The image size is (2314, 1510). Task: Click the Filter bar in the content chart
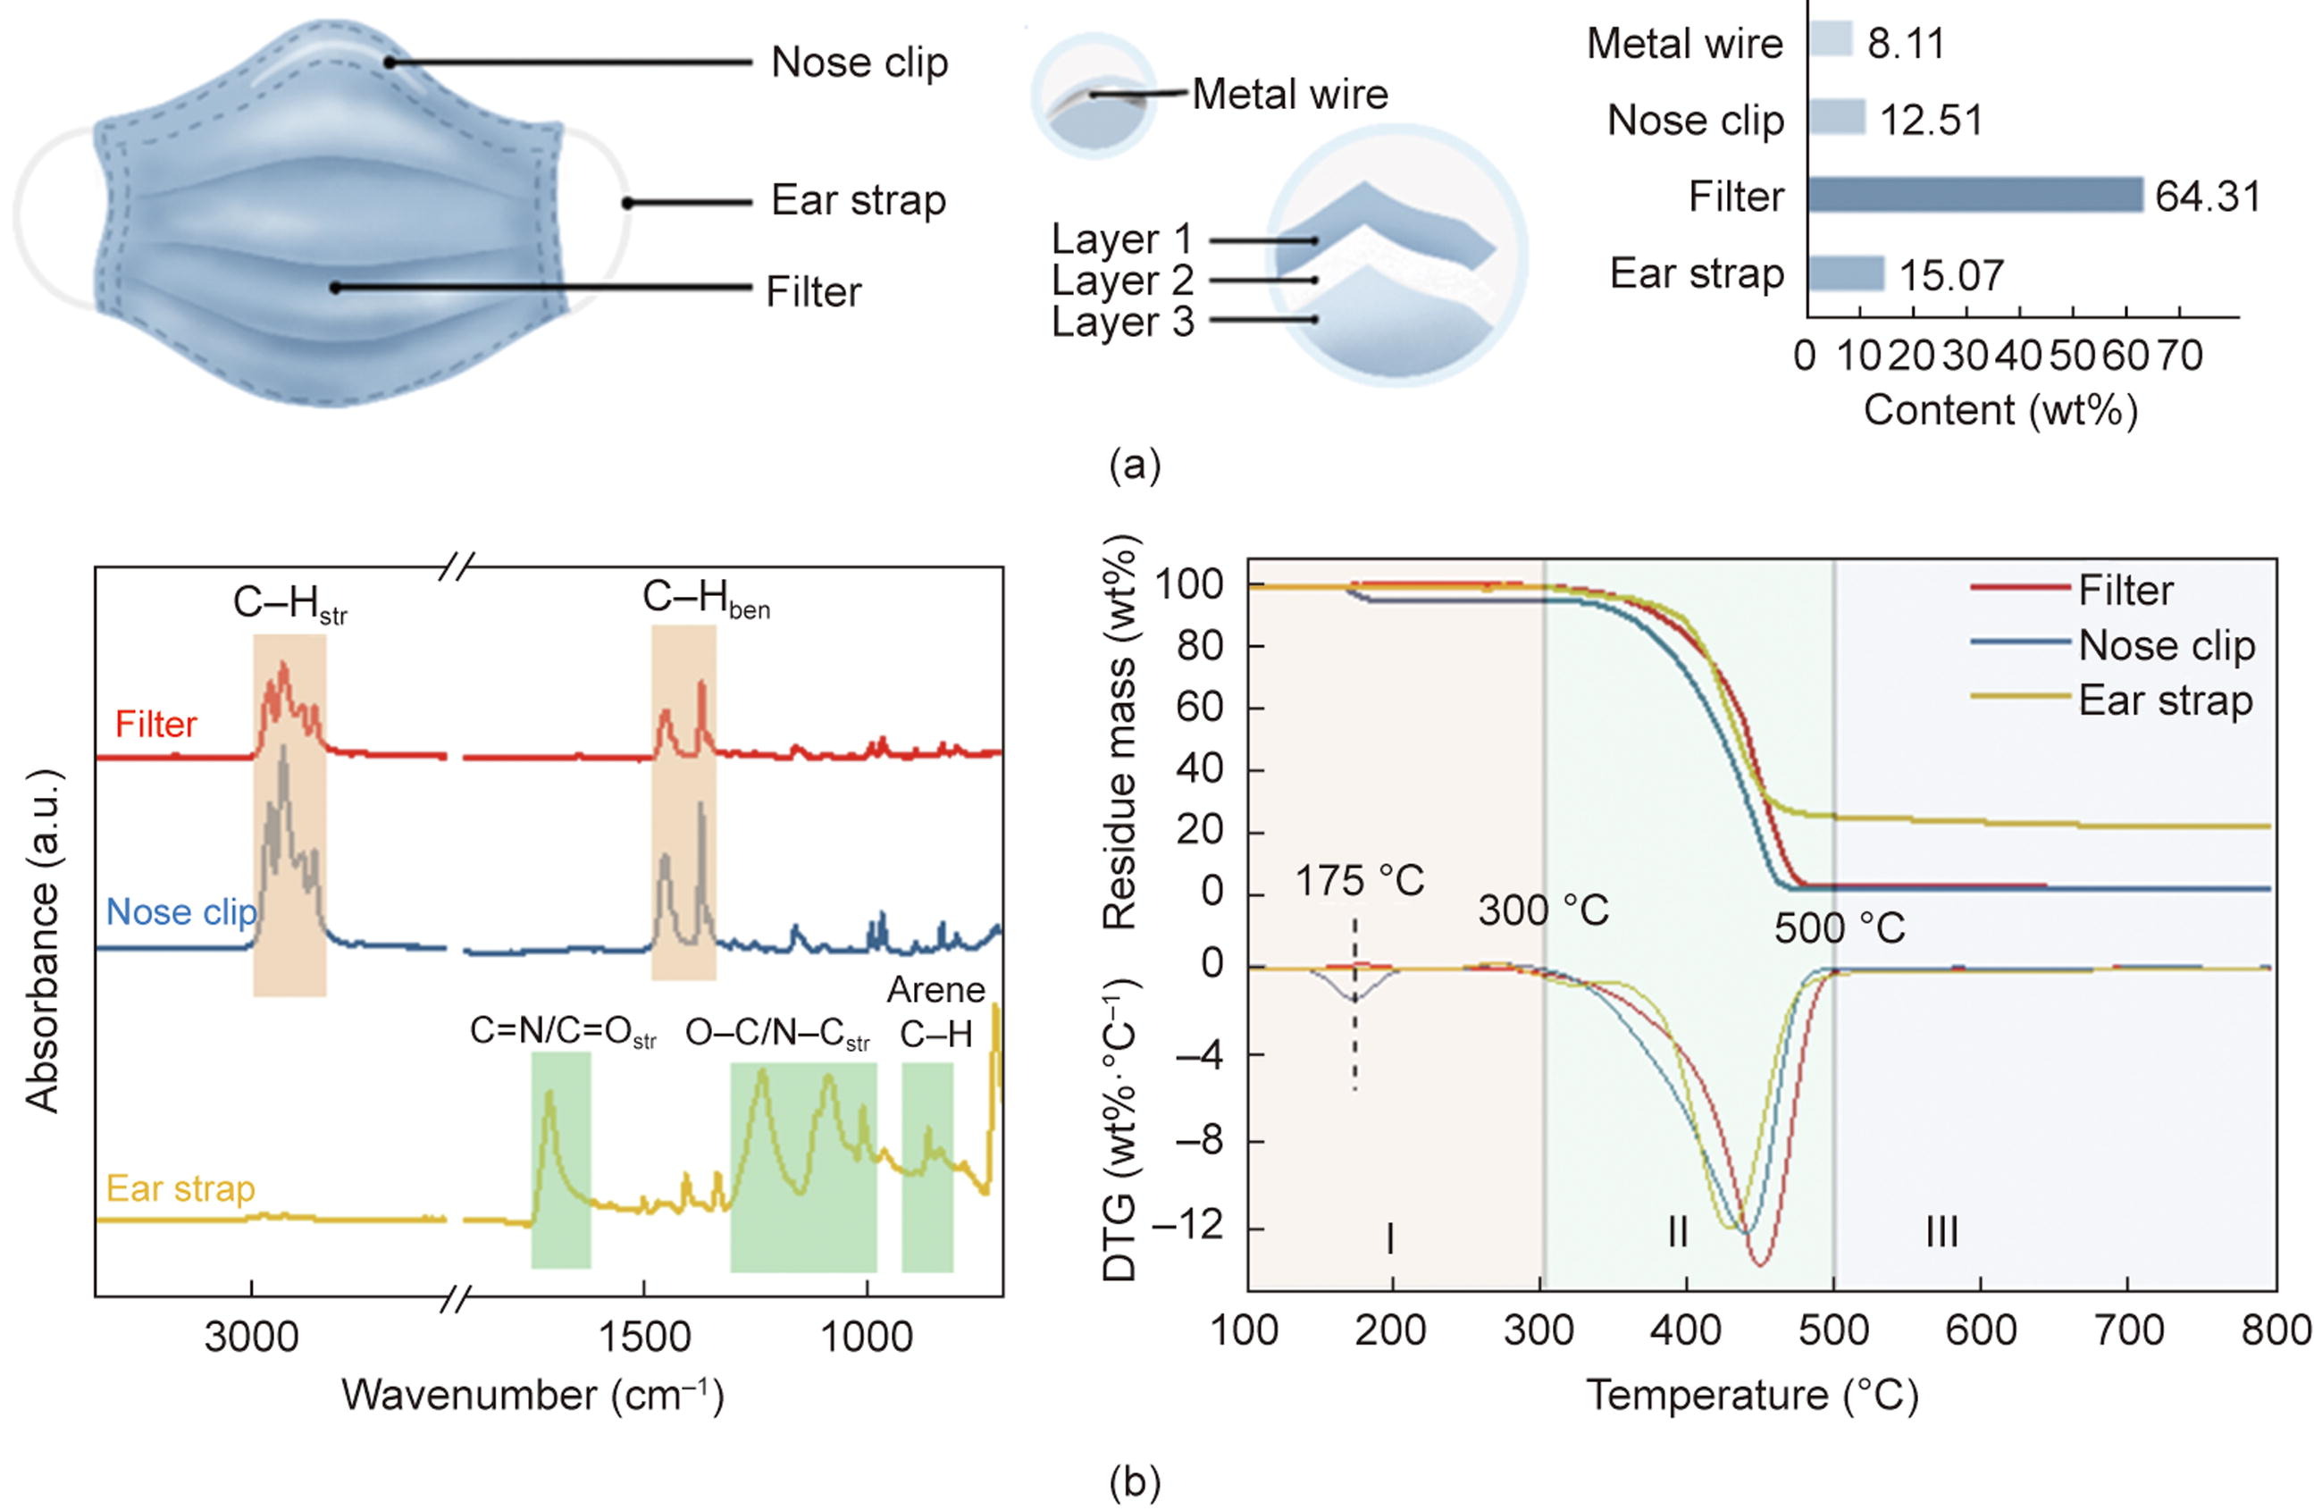[1974, 195]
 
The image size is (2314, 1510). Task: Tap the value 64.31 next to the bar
[2207, 197]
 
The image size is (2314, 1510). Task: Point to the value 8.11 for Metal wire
[1906, 44]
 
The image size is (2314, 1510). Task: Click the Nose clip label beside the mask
[859, 63]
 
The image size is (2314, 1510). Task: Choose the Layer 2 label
[1122, 280]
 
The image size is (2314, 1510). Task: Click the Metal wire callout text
[1290, 95]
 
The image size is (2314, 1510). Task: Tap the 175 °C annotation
[1359, 882]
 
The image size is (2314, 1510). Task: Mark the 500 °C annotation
[1840, 928]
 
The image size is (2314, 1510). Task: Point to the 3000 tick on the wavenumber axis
[252, 1338]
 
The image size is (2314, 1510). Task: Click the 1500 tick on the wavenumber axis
[643, 1338]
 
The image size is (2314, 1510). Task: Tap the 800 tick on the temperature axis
[2275, 1330]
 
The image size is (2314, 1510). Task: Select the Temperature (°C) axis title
[1753, 1396]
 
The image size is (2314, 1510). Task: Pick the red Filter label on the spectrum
[155, 725]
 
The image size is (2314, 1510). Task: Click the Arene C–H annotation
[935, 1012]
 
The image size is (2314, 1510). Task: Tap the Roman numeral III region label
[1941, 1233]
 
